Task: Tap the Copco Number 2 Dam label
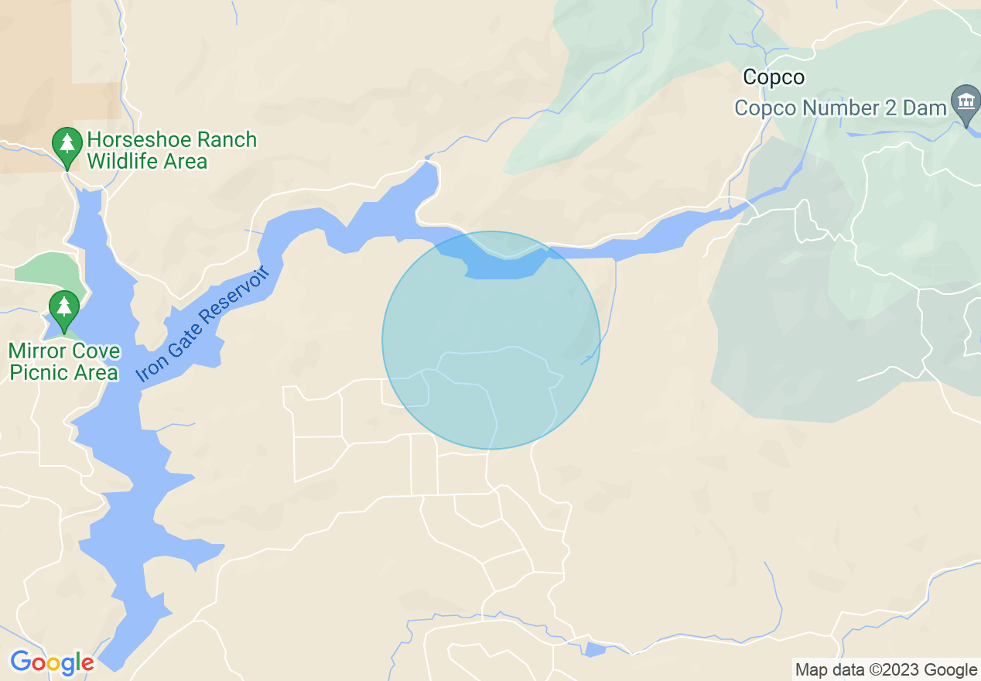[840, 108]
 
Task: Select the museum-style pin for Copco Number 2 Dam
[966, 104]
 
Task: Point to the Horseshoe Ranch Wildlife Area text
[171, 150]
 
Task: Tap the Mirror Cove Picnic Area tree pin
[63, 310]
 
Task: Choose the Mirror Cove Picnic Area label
[64, 361]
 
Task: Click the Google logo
[52, 663]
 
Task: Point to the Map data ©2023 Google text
[887, 669]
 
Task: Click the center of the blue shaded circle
[491, 340]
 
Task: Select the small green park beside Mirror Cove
[46, 269]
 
